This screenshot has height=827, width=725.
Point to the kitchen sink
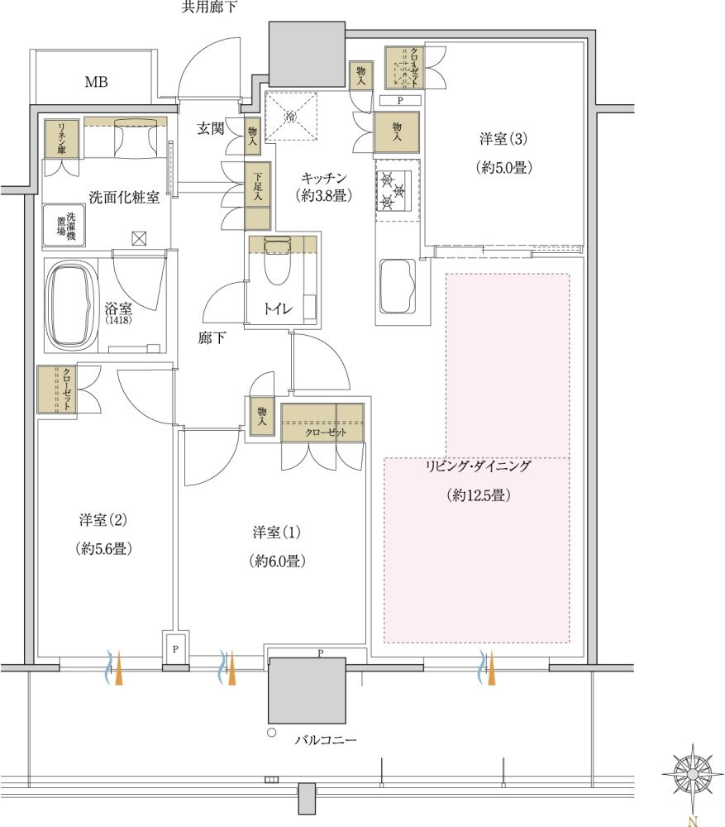397,285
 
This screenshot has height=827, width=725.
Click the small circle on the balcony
270,733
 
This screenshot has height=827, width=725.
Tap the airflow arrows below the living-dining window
487,667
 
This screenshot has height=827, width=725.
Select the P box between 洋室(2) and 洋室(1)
175,649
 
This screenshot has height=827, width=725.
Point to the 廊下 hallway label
212,337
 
